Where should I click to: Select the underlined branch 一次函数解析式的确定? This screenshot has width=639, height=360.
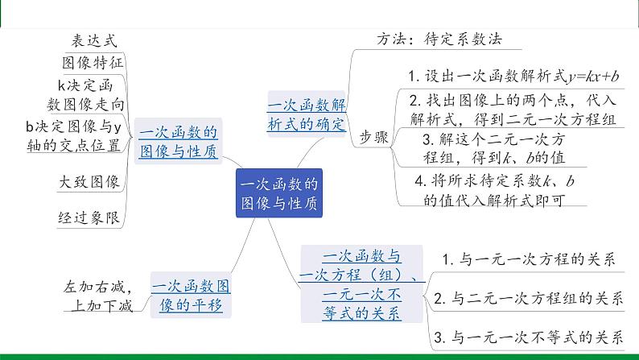click(306, 114)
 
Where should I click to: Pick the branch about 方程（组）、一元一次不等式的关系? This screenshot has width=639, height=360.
click(361, 285)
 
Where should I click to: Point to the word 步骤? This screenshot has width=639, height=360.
click(373, 137)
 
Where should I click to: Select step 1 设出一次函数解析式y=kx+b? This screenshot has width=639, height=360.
click(513, 77)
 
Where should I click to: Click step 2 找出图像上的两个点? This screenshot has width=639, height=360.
click(513, 110)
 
